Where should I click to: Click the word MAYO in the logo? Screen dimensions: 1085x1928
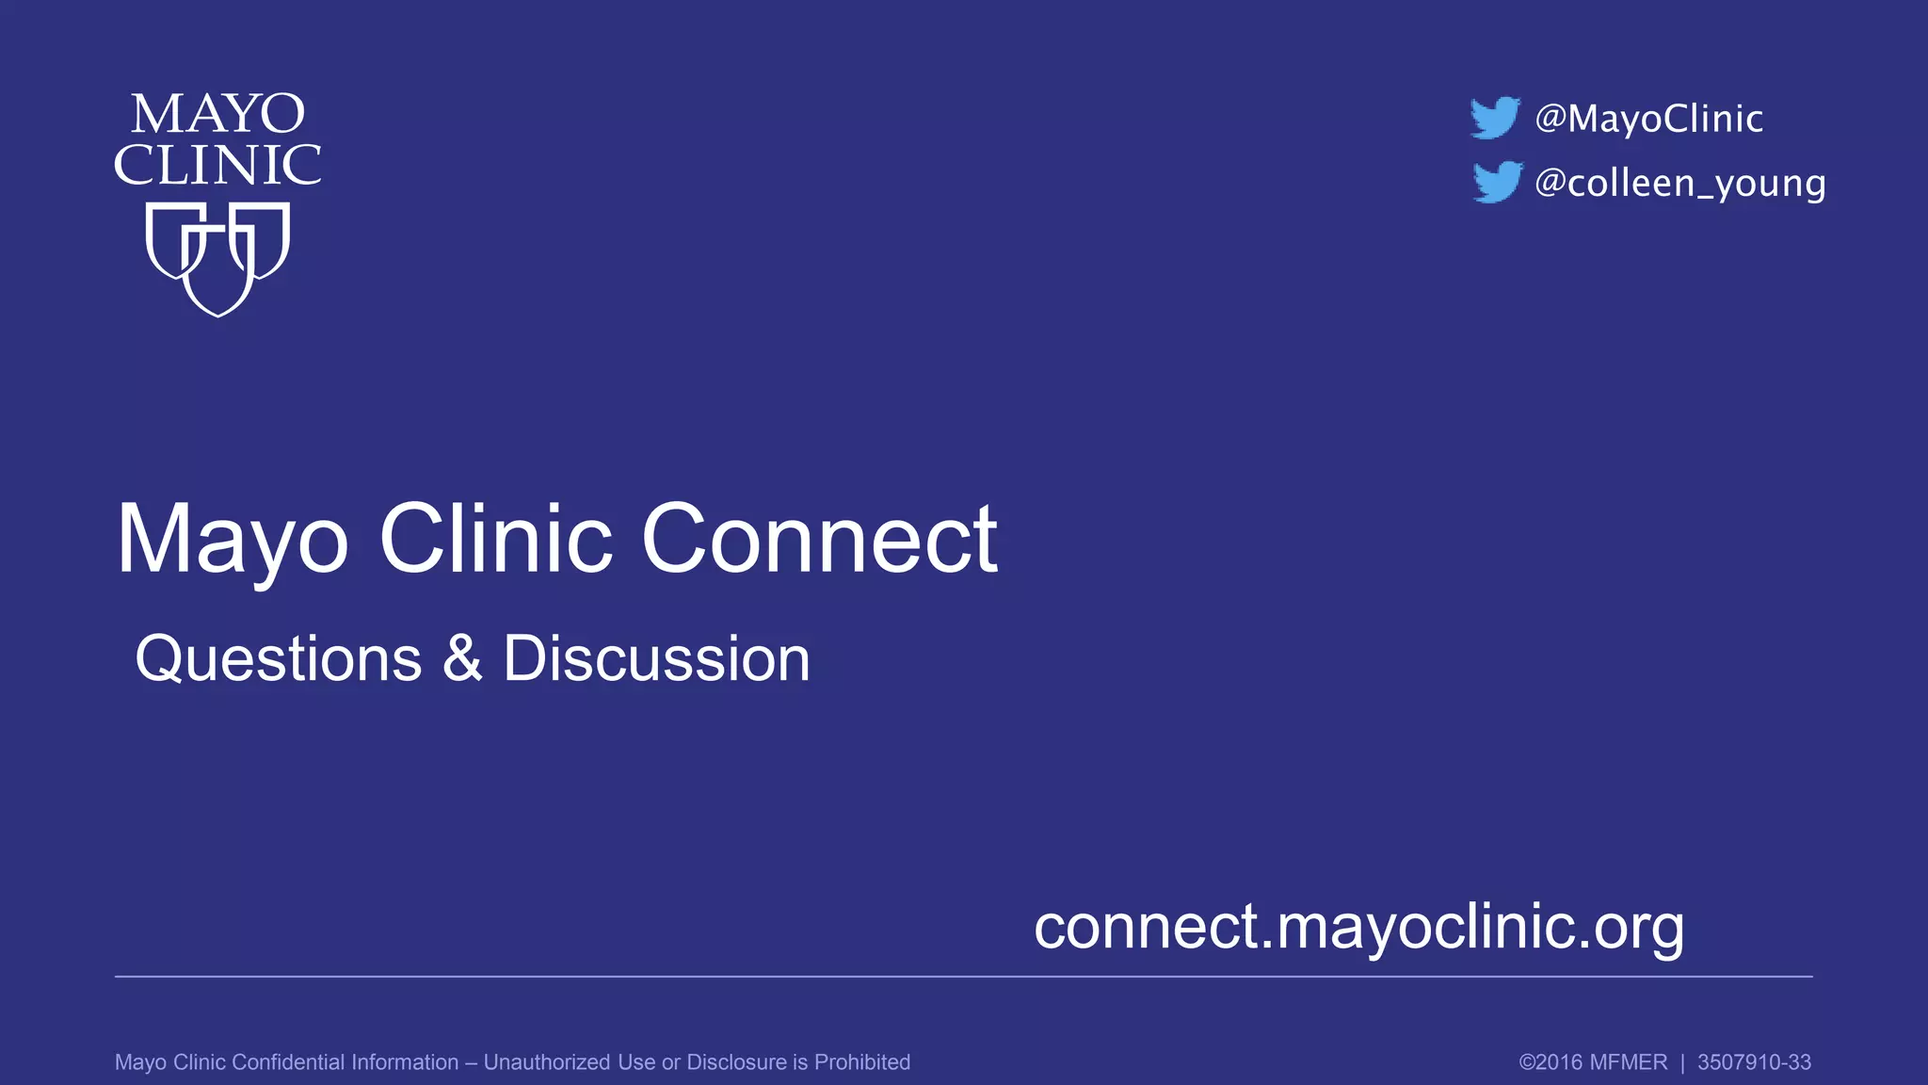(x=217, y=115)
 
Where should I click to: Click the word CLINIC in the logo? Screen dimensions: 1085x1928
(x=217, y=166)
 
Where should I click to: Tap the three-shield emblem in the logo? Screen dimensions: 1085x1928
(x=217, y=257)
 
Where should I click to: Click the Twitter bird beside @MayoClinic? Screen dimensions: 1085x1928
(x=1495, y=118)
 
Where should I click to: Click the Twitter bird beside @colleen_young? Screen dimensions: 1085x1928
(x=1497, y=182)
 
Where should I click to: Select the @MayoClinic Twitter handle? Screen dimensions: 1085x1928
(x=1648, y=119)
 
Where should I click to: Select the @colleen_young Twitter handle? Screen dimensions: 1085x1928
(x=1680, y=183)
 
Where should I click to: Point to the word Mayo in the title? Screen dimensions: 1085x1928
(x=233, y=541)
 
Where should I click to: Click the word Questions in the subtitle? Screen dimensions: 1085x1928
(x=279, y=658)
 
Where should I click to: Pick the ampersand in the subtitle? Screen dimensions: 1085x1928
(x=462, y=658)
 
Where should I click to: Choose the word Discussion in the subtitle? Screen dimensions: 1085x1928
(x=656, y=658)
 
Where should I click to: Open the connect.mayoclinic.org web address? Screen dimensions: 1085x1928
(x=1358, y=928)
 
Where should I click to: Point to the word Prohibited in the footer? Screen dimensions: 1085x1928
(x=861, y=1062)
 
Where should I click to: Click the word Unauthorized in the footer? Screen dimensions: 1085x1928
(x=547, y=1062)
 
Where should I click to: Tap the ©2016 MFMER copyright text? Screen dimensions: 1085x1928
(x=1593, y=1062)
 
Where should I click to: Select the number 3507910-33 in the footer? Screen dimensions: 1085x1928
(x=1754, y=1062)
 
